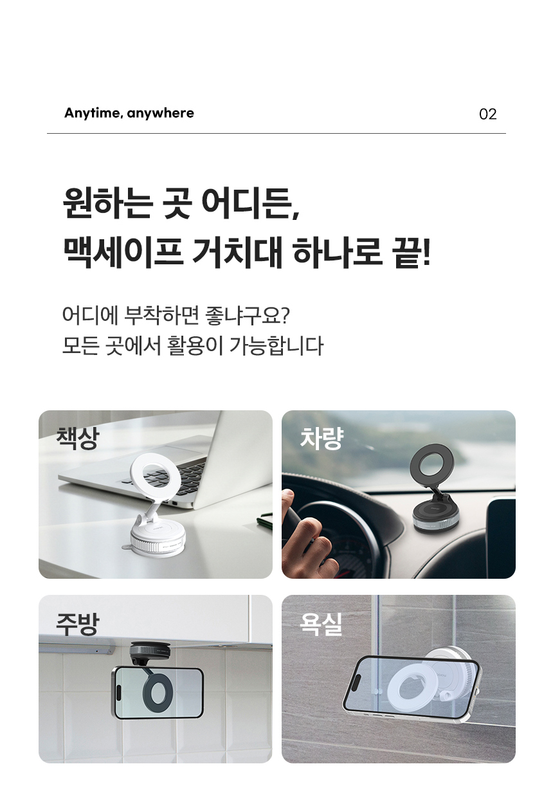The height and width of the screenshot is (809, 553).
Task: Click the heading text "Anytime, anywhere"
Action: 129,113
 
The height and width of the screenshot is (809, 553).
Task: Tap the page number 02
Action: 487,114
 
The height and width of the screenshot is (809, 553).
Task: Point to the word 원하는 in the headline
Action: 107,203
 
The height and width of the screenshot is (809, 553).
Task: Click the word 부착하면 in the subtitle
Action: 161,315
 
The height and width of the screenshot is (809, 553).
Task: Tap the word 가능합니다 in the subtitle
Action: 276,345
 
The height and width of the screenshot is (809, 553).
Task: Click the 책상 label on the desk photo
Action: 77,439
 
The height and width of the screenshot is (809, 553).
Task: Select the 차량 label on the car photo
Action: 321,439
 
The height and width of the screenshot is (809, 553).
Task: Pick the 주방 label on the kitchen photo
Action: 77,624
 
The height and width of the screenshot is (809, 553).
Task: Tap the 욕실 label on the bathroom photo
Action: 321,624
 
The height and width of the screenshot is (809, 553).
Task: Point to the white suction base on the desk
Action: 158,538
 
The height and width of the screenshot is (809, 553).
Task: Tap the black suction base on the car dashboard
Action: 437,518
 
